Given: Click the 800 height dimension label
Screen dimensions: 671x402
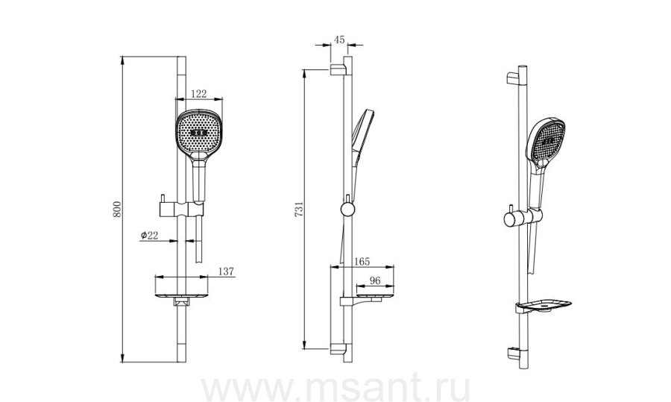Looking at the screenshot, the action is click(x=117, y=209).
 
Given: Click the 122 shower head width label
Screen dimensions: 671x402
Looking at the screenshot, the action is click(x=198, y=94).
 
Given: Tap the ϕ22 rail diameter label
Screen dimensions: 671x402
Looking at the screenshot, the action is click(x=149, y=235).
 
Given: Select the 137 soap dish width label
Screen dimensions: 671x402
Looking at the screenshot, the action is click(x=226, y=271).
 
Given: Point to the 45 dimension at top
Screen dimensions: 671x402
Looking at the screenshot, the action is click(x=339, y=40).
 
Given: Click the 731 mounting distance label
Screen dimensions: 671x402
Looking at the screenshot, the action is click(x=299, y=209).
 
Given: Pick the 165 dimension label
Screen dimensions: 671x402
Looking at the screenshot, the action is click(x=362, y=262).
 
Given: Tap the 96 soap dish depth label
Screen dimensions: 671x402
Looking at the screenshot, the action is click(x=375, y=281).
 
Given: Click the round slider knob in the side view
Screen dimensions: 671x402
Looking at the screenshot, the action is click(x=347, y=209).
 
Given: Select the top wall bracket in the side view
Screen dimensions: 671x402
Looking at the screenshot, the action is click(x=337, y=70).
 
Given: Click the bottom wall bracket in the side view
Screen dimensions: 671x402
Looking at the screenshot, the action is click(x=337, y=349).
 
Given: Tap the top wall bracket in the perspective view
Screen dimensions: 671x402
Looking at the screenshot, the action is click(x=513, y=78).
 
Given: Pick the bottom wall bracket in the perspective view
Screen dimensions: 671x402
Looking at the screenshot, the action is click(x=514, y=354).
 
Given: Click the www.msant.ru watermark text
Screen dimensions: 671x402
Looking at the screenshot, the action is click(x=335, y=389).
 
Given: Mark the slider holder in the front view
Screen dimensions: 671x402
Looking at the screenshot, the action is click(x=181, y=209).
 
